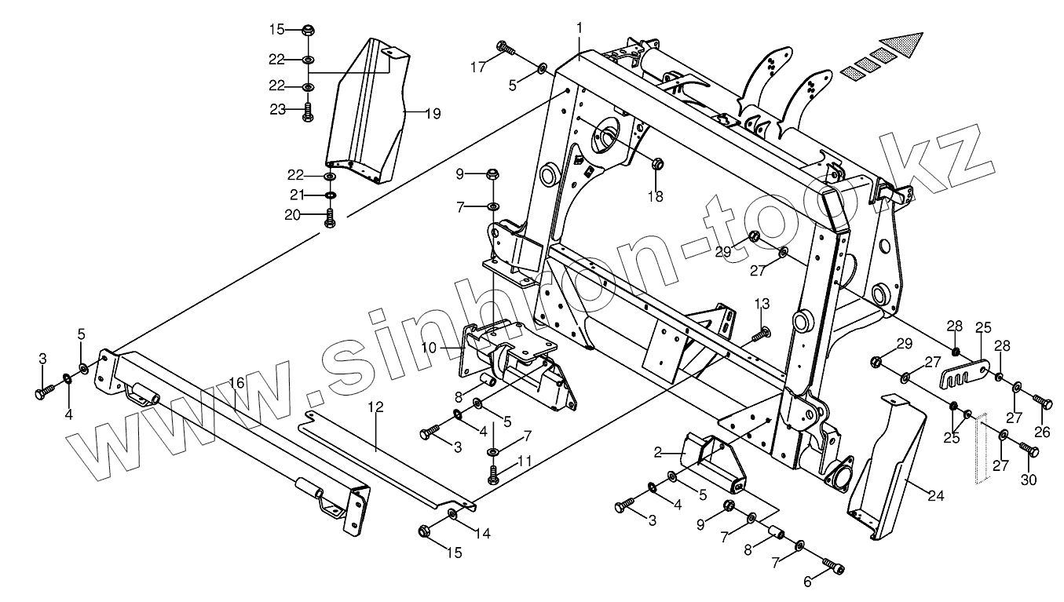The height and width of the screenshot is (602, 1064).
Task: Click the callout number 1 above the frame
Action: pyautogui.click(x=580, y=27)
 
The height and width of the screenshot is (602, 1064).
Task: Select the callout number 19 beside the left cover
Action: pyautogui.click(x=433, y=114)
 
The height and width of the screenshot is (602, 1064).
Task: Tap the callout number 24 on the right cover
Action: pyautogui.click(x=934, y=496)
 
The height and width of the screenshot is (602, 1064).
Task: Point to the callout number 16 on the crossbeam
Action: pyautogui.click(x=237, y=382)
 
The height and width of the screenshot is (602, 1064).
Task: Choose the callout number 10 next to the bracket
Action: pyautogui.click(x=450, y=346)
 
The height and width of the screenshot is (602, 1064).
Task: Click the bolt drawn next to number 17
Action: pyautogui.click(x=506, y=49)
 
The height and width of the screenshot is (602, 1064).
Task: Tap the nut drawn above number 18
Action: pyautogui.click(x=657, y=164)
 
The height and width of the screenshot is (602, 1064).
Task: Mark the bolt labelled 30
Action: pyautogui.click(x=1029, y=450)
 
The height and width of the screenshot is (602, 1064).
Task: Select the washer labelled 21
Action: pyautogui.click(x=331, y=195)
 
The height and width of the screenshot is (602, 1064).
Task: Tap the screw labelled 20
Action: pyautogui.click(x=330, y=217)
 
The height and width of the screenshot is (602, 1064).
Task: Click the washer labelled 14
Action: pyautogui.click(x=453, y=513)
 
